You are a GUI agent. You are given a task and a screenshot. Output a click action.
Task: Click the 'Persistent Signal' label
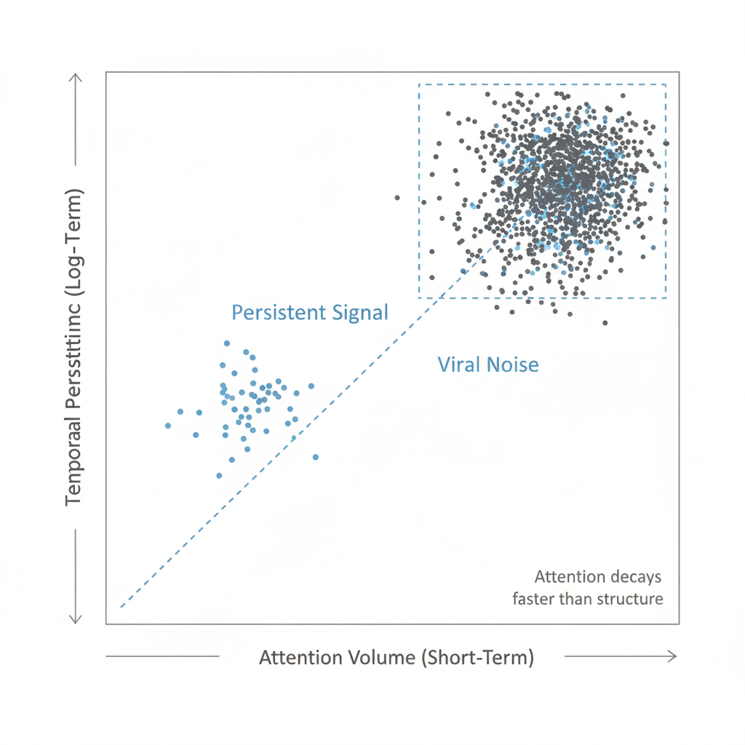310,313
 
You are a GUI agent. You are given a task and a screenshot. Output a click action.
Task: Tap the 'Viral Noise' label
488,364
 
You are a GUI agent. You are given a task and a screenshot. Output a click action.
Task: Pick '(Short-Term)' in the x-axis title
477,658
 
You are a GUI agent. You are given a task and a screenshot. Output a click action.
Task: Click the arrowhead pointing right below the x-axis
672,656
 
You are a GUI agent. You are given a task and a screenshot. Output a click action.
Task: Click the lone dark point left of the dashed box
397,197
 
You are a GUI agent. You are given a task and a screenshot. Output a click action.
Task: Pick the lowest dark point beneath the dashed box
605,322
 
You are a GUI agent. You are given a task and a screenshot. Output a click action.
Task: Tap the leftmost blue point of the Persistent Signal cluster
168,426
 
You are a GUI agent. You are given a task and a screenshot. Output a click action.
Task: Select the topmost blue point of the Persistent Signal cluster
227,343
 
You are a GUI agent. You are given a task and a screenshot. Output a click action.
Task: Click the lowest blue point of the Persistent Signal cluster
219,475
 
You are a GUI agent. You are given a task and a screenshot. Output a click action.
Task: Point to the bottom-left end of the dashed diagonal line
121,606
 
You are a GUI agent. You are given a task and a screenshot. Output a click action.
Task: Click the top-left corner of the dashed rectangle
419,85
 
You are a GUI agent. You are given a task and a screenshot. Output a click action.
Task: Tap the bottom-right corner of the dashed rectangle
666,298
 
